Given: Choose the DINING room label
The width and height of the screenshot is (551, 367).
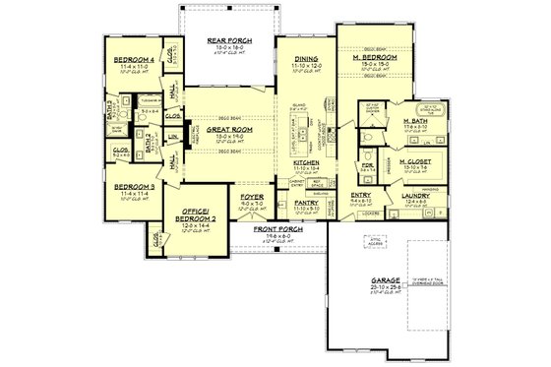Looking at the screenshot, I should [x=305, y=58].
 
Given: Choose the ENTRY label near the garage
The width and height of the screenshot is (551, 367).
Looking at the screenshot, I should [x=361, y=195].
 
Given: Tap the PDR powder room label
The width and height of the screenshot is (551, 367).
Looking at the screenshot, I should [x=366, y=164].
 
